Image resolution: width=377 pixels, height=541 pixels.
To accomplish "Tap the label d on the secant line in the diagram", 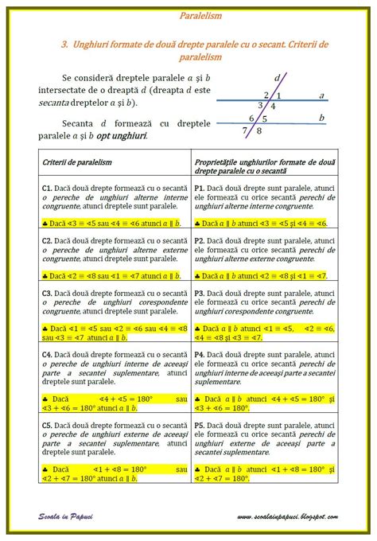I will tap(277, 79).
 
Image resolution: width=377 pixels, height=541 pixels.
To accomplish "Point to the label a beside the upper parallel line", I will tap(321, 95).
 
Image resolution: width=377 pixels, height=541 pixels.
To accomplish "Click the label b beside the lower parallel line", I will tap(321, 118).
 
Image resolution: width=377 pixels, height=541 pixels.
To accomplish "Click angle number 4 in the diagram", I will tap(273, 106).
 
